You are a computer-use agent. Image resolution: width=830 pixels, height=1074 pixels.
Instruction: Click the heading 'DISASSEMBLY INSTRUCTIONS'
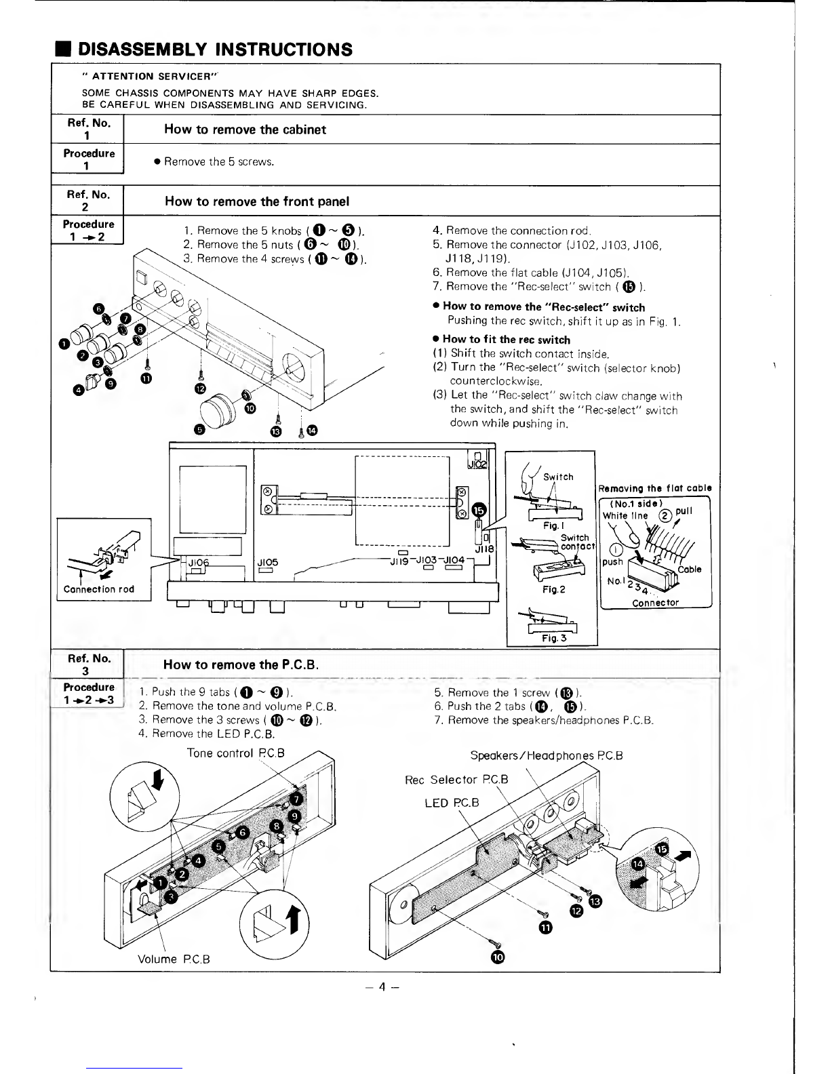[x=215, y=49]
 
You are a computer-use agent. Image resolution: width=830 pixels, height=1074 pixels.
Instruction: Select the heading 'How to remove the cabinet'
[x=245, y=130]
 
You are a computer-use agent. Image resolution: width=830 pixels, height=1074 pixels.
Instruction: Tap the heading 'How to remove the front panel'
[x=257, y=201]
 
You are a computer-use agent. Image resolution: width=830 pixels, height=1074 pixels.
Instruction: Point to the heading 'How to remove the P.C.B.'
[x=241, y=664]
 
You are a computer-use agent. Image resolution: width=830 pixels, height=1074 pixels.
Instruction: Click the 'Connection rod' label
[x=98, y=589]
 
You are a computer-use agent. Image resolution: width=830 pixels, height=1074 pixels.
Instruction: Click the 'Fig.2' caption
[x=554, y=589]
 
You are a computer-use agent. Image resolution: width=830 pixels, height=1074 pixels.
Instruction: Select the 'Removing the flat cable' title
[x=655, y=488]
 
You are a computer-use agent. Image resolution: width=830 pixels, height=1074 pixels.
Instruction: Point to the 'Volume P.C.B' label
[x=174, y=959]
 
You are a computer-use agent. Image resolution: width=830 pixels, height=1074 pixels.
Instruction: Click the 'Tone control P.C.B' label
[x=235, y=753]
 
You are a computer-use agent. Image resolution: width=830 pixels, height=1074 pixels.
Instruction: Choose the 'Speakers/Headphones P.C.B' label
[x=546, y=756]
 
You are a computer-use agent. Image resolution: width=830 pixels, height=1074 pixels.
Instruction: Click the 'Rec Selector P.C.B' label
[x=456, y=780]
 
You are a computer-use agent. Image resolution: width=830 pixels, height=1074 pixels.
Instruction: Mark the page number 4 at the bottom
[x=380, y=987]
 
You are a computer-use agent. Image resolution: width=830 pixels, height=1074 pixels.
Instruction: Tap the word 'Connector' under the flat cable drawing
[x=655, y=603]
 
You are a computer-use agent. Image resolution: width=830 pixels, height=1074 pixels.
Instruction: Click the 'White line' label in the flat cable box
[x=625, y=515]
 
